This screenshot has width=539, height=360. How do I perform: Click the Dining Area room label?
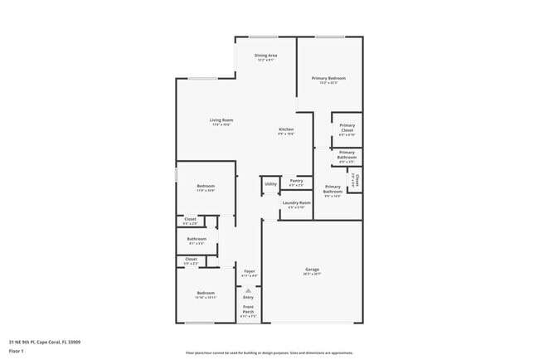click(x=265, y=55)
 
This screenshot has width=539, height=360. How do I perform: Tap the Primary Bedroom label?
click(x=328, y=78)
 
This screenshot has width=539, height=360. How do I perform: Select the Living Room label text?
click(x=221, y=120)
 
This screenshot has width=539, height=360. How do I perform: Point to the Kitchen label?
click(x=286, y=129)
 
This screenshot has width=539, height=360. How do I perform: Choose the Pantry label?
click(x=296, y=180)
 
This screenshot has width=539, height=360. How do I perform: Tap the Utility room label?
click(x=270, y=183)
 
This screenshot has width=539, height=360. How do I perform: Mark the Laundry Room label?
click(x=296, y=202)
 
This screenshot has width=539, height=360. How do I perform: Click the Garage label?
click(x=312, y=270)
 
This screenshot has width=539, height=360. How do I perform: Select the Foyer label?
click(x=249, y=271)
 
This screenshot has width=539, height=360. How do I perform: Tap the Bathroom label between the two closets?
click(x=197, y=239)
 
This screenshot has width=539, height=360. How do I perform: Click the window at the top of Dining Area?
click(x=265, y=36)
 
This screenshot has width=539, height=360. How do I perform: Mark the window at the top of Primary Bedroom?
click(x=329, y=36)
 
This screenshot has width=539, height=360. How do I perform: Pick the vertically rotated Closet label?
click(x=356, y=181)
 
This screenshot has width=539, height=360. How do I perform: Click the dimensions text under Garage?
click(x=312, y=275)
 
